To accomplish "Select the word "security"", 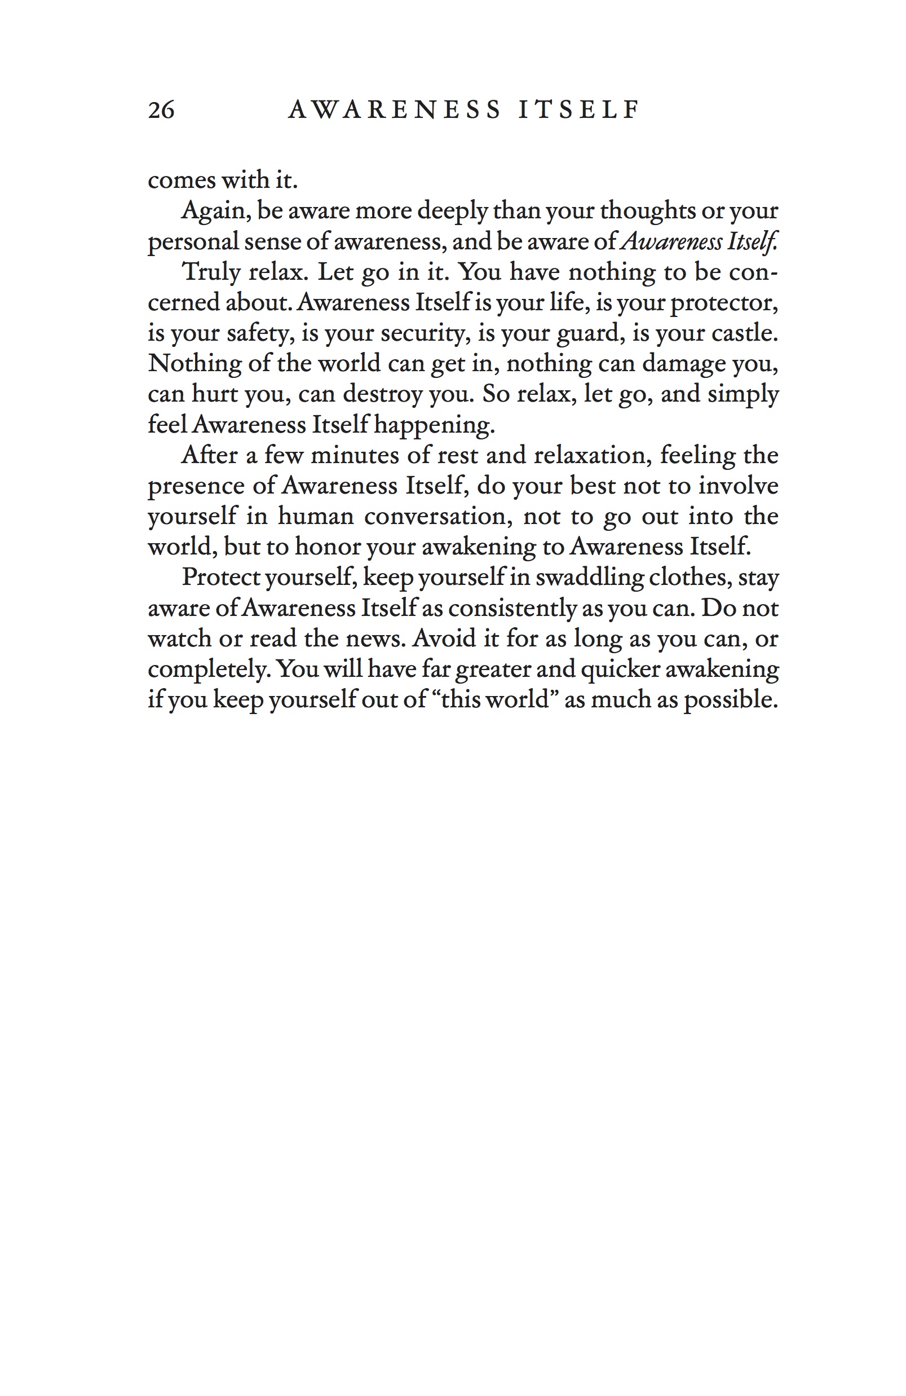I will click(x=422, y=333).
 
